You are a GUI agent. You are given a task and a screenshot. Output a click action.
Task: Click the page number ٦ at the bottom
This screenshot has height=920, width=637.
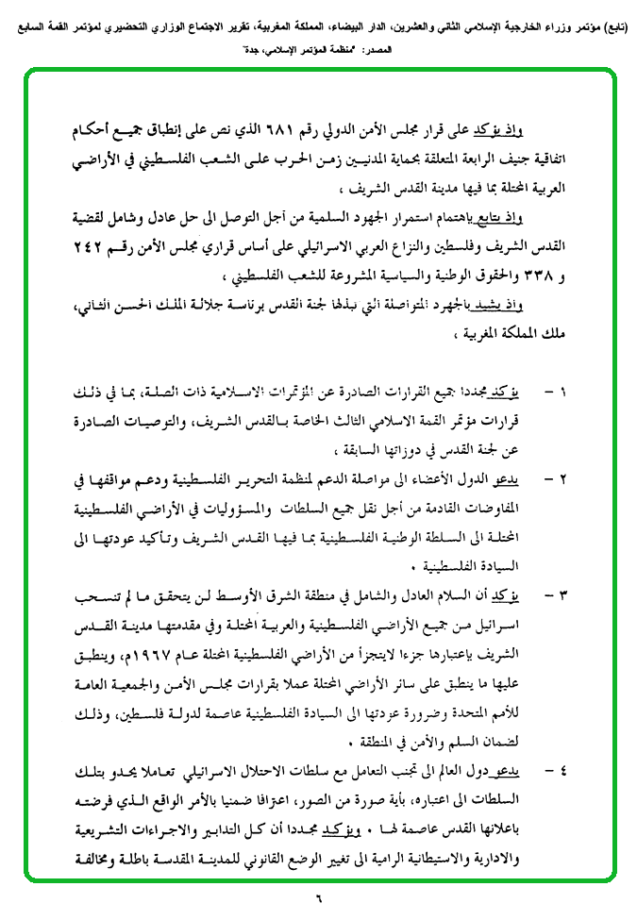319,899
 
